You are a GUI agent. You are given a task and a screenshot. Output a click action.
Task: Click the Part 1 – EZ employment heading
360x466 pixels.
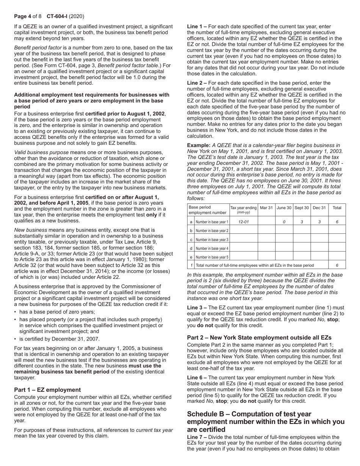click(47, 390)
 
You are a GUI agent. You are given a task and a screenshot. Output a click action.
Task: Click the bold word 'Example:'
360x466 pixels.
click(199, 145)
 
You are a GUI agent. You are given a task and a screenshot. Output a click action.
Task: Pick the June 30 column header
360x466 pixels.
click(284, 208)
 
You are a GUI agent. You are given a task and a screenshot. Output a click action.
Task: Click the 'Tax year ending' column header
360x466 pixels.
click(243, 210)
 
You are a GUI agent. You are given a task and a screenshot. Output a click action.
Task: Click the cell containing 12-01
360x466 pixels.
click(243, 222)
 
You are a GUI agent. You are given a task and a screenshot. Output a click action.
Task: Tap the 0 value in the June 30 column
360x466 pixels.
click(284, 222)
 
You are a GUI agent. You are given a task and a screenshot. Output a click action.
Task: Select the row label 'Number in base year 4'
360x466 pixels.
click(211, 249)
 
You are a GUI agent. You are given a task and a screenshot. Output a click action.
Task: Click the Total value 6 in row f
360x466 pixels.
click(337, 265)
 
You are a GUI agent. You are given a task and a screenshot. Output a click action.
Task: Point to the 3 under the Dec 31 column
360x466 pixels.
click(319, 222)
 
